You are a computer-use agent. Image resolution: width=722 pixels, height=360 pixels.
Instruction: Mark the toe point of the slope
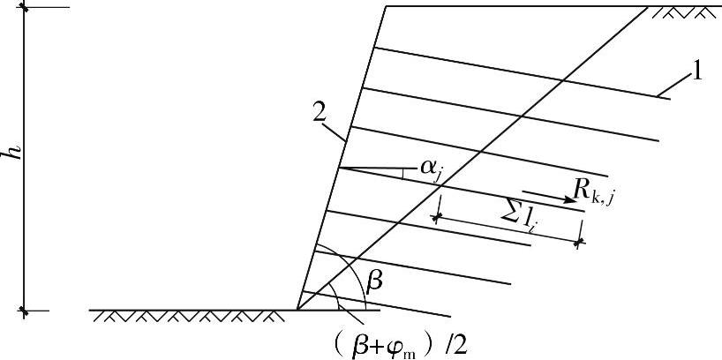[297, 310]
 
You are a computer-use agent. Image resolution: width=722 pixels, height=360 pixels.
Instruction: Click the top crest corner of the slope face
[386, 7]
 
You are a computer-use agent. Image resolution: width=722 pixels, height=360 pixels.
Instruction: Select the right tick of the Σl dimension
[579, 240]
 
